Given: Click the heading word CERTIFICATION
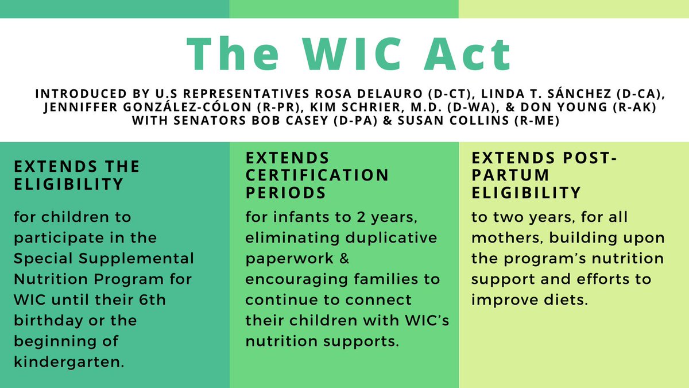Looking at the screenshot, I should [317, 175].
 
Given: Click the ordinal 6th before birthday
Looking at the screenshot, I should [136, 299].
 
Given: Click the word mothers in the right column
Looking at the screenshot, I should [502, 237].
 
